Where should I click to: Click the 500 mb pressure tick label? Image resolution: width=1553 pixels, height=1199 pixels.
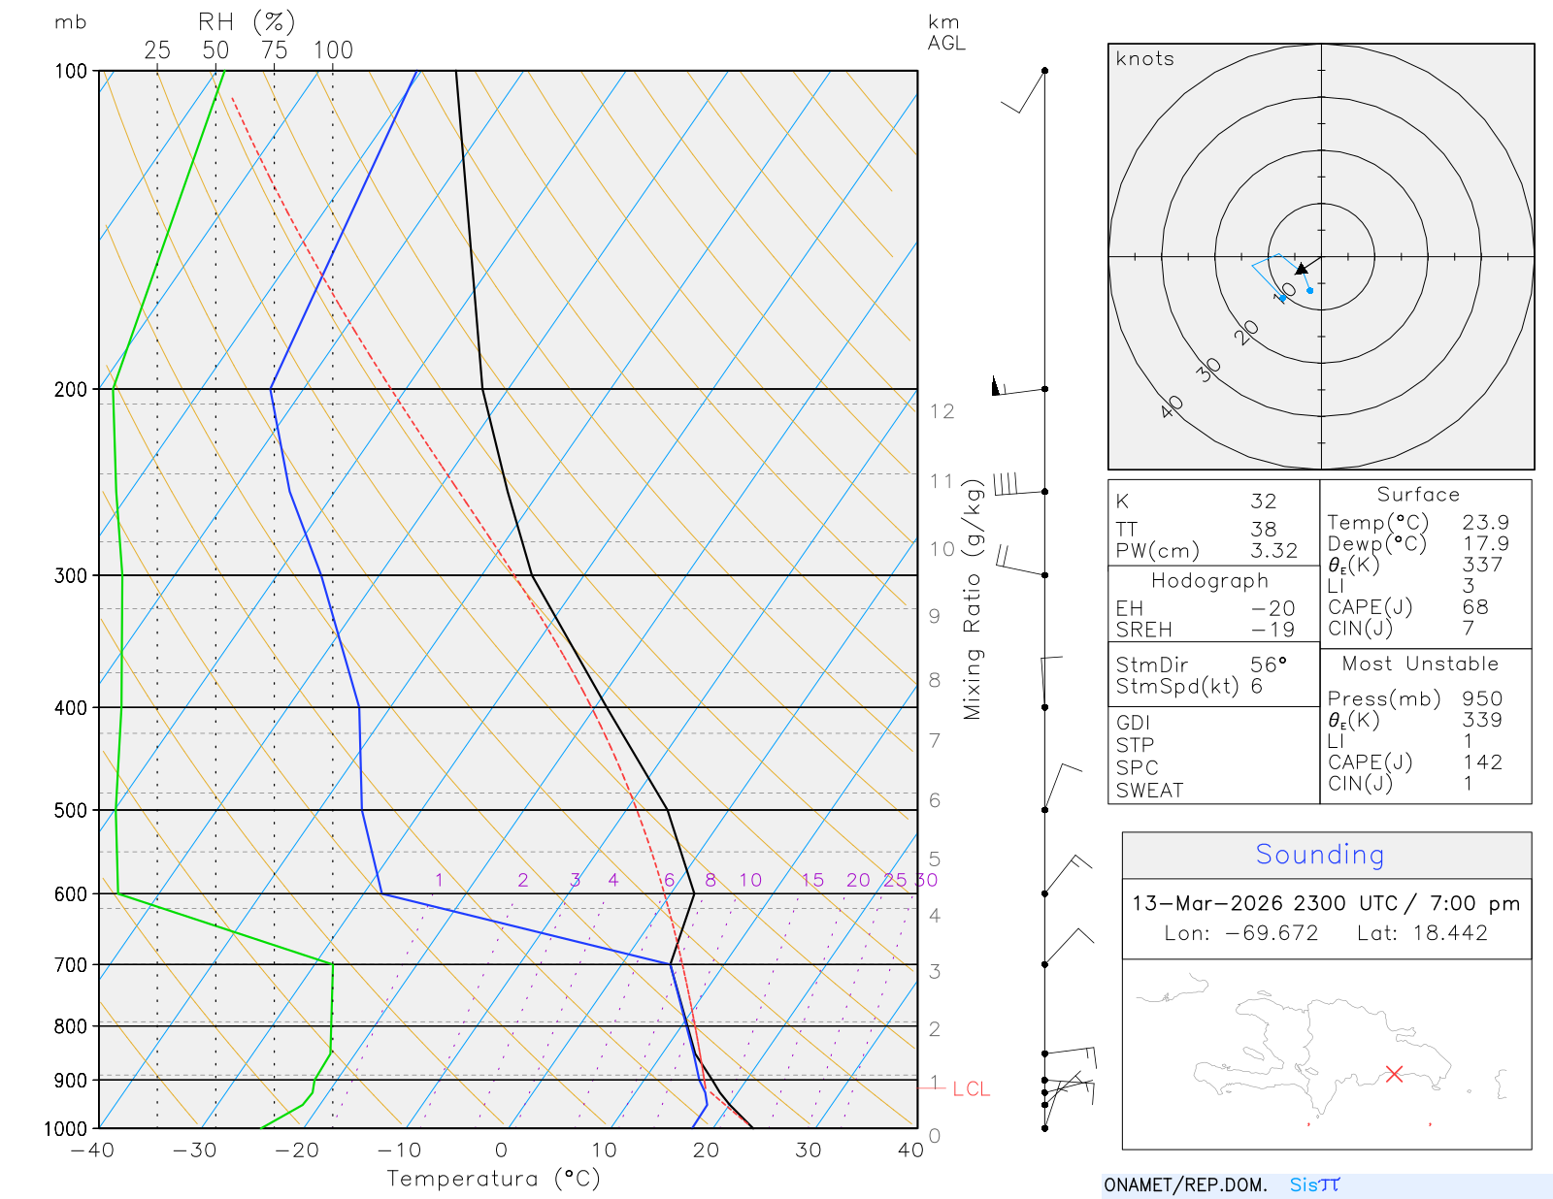tap(71, 810)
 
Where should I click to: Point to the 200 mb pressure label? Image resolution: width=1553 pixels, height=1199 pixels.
tap(71, 389)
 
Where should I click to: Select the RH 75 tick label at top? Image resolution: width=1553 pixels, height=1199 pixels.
tap(274, 50)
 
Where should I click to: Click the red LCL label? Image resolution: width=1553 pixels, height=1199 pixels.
tap(971, 1089)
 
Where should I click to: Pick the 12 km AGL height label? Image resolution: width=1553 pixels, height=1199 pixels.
tap(942, 411)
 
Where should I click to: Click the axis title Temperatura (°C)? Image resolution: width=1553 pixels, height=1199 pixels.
tap(493, 1179)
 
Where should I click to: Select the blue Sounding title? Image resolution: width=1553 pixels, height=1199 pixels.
tap(1319, 855)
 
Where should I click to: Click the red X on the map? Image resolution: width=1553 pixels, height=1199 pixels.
tap(1395, 1074)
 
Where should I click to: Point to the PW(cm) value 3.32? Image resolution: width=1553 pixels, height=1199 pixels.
tap(1273, 551)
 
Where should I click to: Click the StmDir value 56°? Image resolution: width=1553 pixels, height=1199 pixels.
tap(1269, 664)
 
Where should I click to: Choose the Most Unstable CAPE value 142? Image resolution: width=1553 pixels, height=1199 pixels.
tap(1482, 762)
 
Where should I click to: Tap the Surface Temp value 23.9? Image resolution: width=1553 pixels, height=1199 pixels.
tap(1485, 523)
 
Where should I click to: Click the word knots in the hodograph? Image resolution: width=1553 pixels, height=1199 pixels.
tap(1145, 59)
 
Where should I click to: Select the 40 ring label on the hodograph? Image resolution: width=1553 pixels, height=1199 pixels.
tap(1172, 406)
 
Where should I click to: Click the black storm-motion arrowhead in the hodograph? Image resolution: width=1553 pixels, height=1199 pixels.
tap(1302, 269)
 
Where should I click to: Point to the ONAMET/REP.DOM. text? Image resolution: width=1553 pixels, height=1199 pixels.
tap(1185, 1184)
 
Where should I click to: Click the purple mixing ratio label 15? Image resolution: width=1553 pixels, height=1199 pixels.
tap(812, 880)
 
